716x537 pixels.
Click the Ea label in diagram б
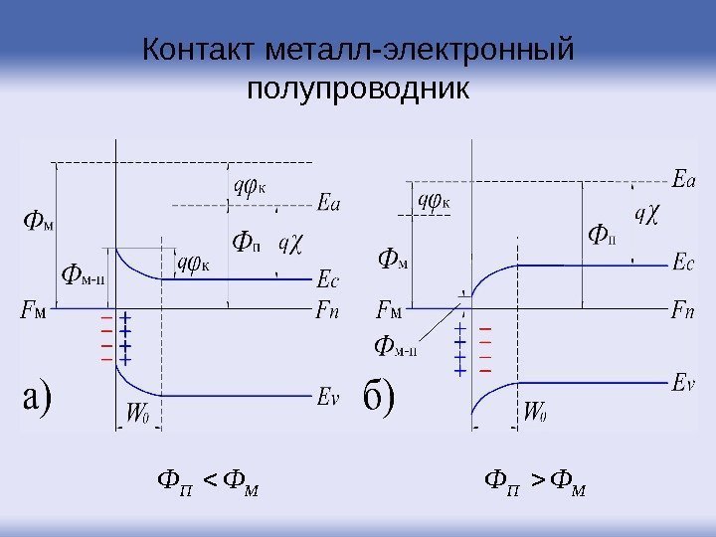tap(684, 180)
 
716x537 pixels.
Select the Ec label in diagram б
tap(683, 264)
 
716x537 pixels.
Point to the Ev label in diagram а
tap(328, 397)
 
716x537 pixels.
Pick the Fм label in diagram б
tap(389, 310)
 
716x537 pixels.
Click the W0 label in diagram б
tap(534, 410)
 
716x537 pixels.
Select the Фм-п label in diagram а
tap(84, 273)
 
